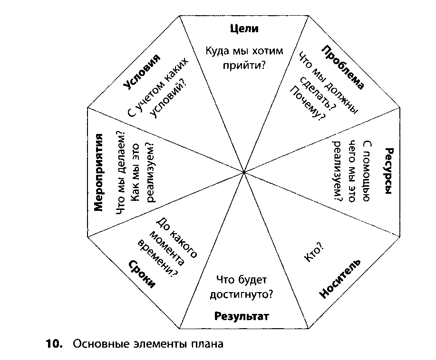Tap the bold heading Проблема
click(343, 67)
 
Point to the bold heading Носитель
click(339, 279)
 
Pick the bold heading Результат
click(242, 316)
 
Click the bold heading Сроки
click(142, 274)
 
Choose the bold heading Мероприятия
click(98, 172)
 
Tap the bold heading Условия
click(142, 71)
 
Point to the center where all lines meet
click(244, 172)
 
